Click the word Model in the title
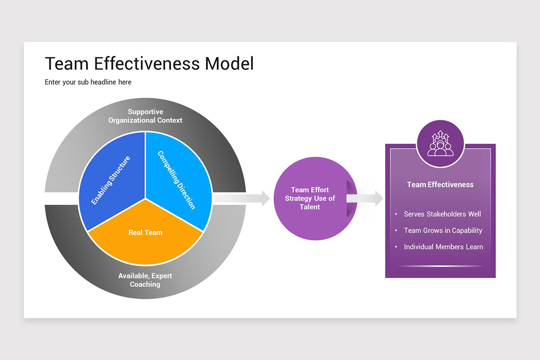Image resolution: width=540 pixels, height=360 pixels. pos(229,63)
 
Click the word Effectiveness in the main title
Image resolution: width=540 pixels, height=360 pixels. pos(147,63)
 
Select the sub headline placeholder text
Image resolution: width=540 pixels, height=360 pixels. pos(88,82)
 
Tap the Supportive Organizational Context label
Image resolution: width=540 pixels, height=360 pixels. pos(145,116)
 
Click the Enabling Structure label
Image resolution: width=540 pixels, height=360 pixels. pos(111,180)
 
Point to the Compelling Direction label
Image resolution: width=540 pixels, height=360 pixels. pos(176,180)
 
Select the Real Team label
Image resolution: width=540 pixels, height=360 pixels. pos(145,232)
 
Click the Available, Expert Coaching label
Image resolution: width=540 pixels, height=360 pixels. pos(145,280)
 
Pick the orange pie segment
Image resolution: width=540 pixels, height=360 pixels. pos(145,245)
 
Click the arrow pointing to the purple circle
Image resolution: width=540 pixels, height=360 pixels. pos(243,198)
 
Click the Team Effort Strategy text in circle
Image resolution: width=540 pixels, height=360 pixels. pos(310,198)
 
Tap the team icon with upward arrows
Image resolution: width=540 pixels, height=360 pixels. pos(440,144)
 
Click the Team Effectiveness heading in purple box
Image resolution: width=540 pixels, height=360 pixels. pos(440,184)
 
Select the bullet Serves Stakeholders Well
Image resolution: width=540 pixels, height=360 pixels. pos(442,214)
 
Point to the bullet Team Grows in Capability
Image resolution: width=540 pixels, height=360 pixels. pos(443,230)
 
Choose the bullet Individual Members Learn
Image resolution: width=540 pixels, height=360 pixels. pos(443,247)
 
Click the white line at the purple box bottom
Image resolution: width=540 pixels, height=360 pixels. pos(440,266)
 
